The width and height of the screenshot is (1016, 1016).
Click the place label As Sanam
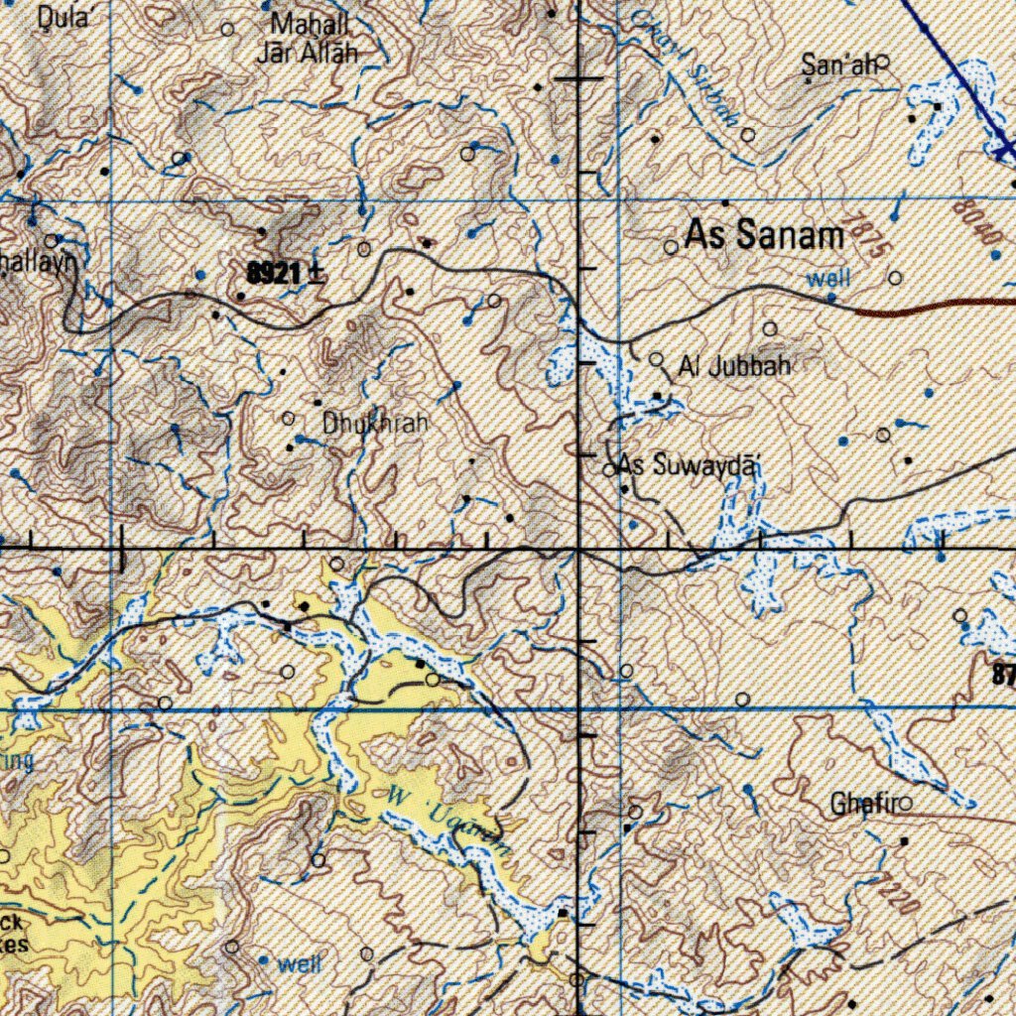pyautogui.click(x=765, y=236)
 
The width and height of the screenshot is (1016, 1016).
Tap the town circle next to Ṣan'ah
pyautogui.click(x=882, y=62)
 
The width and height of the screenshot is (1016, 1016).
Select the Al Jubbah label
pyautogui.click(x=735, y=367)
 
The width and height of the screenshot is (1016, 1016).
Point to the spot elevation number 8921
pyautogui.click(x=275, y=274)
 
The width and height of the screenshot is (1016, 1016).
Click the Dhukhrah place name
pyautogui.click(x=376, y=424)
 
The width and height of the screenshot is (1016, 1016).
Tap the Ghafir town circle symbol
pyautogui.click(x=905, y=805)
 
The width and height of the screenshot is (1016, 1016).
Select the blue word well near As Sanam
pyautogui.click(x=827, y=279)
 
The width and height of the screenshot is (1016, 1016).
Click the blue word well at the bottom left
pyautogui.click(x=300, y=963)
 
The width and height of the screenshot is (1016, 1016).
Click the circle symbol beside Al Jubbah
pyautogui.click(x=657, y=360)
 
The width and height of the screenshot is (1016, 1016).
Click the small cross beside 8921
pyautogui.click(x=317, y=274)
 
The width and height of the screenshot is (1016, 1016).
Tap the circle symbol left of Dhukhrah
pyautogui.click(x=289, y=419)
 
